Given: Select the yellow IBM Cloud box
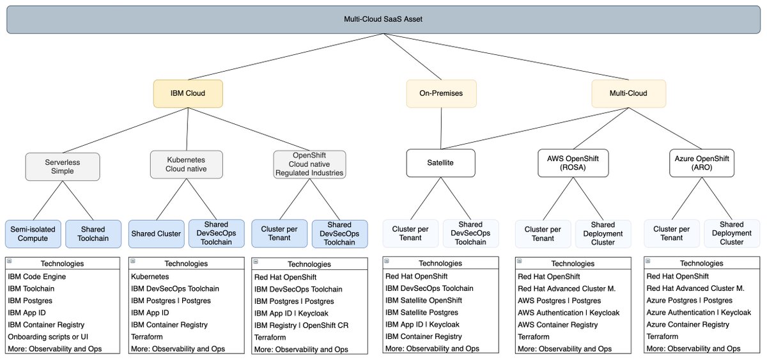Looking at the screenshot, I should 187,93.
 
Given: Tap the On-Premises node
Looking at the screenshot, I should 440,93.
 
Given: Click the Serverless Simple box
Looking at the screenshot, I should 63,166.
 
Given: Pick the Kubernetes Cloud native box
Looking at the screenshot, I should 187,164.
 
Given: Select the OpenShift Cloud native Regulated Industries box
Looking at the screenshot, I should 309,164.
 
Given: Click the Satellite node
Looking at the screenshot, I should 440,163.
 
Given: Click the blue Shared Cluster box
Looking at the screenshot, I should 156,234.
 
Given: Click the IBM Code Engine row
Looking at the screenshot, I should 37,276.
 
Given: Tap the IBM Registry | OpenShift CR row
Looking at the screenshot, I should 301,325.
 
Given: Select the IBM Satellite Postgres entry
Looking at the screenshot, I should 422,313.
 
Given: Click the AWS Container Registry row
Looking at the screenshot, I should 558,325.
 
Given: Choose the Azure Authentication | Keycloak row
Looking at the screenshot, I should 698,313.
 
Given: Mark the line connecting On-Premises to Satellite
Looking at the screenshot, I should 440,128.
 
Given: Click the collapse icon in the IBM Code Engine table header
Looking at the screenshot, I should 9,261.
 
